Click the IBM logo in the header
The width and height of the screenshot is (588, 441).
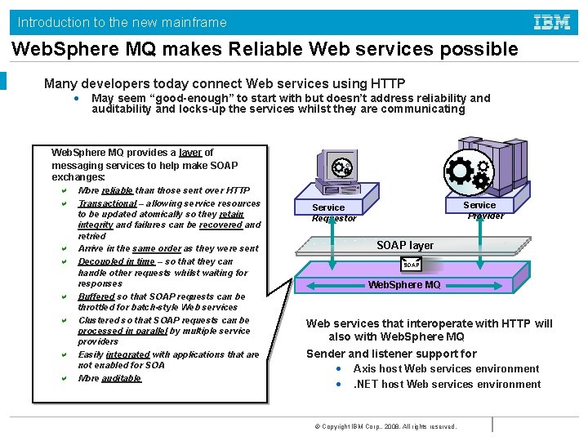[x=552, y=22]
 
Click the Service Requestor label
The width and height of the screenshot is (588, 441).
[x=334, y=212]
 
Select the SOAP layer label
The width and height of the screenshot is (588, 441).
[x=405, y=245]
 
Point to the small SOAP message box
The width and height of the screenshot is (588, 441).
[x=412, y=265]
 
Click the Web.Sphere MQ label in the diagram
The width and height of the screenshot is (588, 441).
[x=404, y=285]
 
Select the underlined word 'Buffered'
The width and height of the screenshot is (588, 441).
[x=96, y=296]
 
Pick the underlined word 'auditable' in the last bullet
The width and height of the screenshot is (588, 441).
[x=122, y=378]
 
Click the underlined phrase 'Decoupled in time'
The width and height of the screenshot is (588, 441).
[x=116, y=261]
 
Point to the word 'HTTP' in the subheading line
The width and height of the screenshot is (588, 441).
[x=388, y=83]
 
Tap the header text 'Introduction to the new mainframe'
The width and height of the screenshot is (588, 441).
[x=122, y=22]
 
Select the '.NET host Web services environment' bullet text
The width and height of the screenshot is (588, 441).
[x=447, y=384]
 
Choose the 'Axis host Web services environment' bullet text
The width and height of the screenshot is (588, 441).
[x=446, y=368]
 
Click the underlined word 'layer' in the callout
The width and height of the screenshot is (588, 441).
[x=190, y=152]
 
